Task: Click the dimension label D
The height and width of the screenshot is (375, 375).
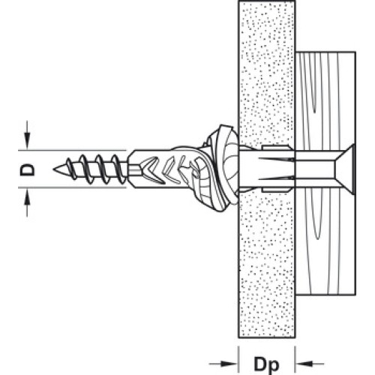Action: (x=27, y=169)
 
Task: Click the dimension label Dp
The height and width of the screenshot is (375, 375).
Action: (x=266, y=364)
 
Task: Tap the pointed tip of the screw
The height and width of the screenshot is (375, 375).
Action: (x=54, y=169)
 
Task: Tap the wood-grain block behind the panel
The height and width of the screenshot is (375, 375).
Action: (x=325, y=100)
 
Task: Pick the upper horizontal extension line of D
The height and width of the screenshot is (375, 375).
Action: (x=72, y=151)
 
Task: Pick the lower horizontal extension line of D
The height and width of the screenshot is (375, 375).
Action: (x=72, y=187)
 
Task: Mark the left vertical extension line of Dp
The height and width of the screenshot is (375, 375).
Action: (x=238, y=359)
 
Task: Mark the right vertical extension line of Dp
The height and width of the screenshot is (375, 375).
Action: (x=295, y=359)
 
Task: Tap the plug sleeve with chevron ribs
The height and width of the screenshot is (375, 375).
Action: (x=160, y=169)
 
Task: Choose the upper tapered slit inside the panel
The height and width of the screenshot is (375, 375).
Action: (x=277, y=159)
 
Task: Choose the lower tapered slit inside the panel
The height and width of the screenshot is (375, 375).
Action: (x=277, y=178)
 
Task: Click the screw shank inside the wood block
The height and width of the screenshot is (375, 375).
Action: (x=316, y=169)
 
